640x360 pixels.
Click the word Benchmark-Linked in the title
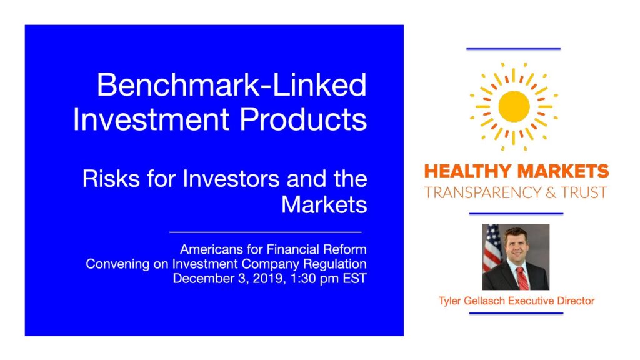coord(232,84)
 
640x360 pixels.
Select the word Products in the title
coord(303,119)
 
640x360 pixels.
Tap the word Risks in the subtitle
coord(111,179)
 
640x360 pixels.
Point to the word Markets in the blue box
coord(324,204)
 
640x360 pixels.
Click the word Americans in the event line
coord(212,249)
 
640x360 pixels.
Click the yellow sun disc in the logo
coord(514,106)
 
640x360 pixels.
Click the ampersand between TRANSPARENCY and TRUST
coord(551,192)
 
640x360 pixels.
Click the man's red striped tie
coord(523,277)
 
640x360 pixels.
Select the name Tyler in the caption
coord(450,301)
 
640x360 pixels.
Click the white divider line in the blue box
coord(266,232)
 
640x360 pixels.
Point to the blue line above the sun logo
coord(514,49)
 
